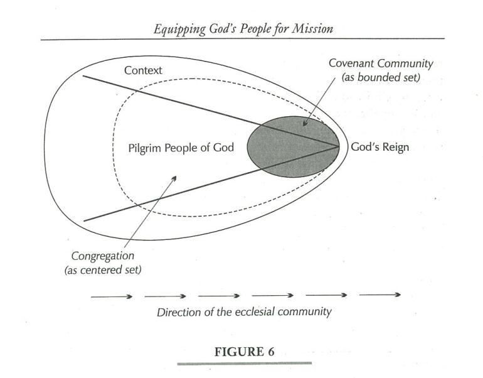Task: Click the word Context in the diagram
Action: (143, 70)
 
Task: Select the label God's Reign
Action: (379, 148)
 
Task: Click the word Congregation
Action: (102, 257)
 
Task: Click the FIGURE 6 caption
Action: (244, 352)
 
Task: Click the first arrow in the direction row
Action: (111, 296)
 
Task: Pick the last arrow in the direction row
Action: (379, 294)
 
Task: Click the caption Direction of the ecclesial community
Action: (244, 311)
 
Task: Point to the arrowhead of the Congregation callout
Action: (175, 178)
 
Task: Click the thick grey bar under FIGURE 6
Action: (244, 363)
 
